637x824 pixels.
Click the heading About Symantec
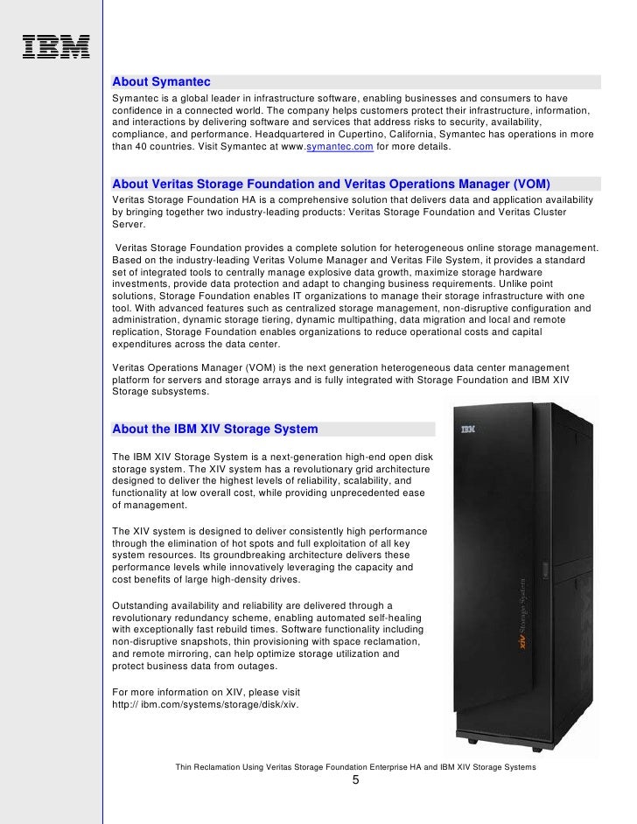[x=162, y=82]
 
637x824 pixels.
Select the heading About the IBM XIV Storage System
[x=215, y=429]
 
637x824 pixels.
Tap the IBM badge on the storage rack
[x=468, y=429]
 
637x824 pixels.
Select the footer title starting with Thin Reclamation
[x=355, y=767]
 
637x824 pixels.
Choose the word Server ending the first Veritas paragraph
[x=129, y=224]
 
